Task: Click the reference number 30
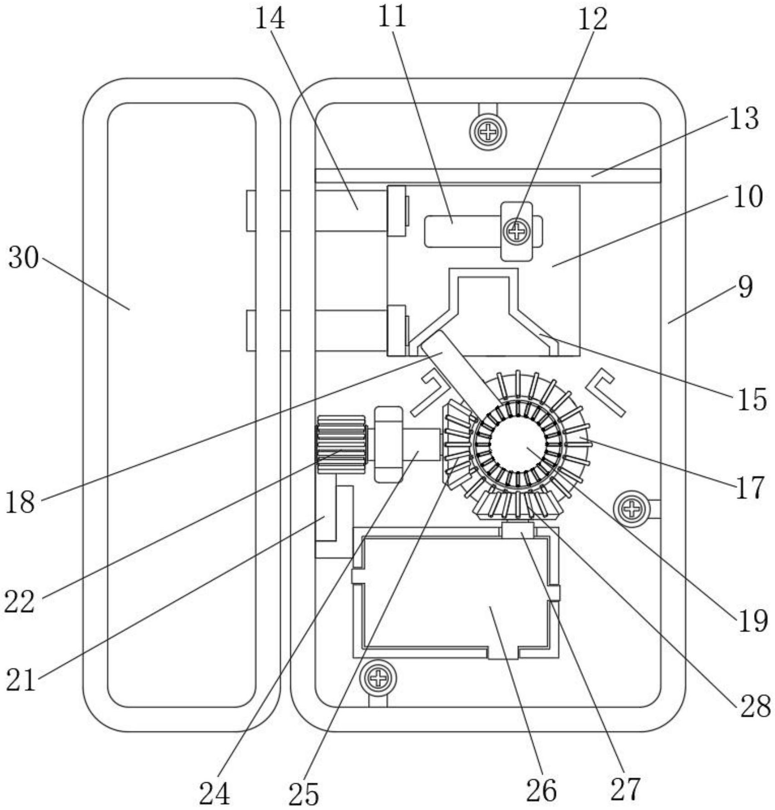tap(24, 258)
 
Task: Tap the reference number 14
tap(270, 19)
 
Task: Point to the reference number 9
tap(745, 287)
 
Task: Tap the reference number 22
tap(20, 602)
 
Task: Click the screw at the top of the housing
tap(488, 132)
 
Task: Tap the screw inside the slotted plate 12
tap(517, 232)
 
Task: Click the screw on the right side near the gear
tap(631, 509)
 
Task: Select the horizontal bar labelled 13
tap(488, 176)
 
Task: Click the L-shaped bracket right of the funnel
tap(606, 393)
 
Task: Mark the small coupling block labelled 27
tap(518, 530)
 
